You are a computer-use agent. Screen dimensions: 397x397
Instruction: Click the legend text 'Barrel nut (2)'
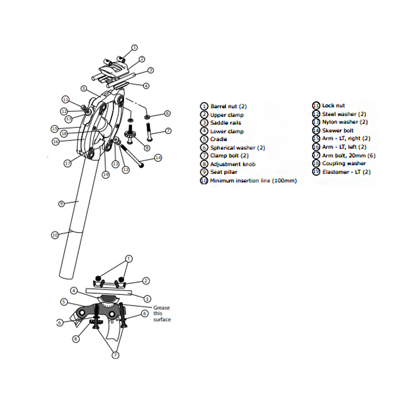228,106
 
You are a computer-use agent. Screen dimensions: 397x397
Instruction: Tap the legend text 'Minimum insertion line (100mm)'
253,181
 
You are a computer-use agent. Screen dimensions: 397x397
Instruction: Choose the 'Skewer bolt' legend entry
337,131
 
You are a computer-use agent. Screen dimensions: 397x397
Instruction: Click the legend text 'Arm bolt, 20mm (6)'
348,156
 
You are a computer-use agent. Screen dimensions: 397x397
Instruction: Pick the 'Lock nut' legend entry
333,106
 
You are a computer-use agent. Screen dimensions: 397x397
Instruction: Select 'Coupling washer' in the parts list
344,164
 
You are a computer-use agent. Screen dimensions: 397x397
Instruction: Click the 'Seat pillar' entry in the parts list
224,172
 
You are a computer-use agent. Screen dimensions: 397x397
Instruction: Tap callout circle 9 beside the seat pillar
61,204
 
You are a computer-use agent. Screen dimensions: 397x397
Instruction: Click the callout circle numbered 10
55,235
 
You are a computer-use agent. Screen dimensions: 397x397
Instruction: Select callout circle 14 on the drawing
158,158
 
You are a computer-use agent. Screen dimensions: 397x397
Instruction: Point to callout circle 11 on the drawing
66,99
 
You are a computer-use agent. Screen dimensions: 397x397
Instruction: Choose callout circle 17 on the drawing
68,163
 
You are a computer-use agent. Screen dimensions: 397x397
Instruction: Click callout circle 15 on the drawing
55,129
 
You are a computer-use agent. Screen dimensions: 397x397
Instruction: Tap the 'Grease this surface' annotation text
162,313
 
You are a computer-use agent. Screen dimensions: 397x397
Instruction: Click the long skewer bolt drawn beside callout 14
131,156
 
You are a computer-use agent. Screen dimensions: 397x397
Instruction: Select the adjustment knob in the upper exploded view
131,135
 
